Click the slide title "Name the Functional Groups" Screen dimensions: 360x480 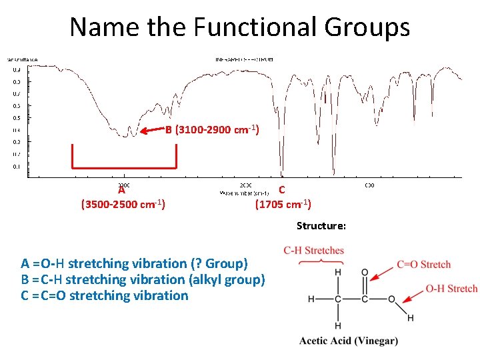tap(239, 27)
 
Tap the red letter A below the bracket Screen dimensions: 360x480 tap(121, 190)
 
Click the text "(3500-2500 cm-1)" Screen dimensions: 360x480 tap(123, 204)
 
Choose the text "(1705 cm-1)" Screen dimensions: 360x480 tap(283, 204)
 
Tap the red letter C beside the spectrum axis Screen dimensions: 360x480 tap(282, 190)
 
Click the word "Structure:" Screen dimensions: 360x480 tap(321, 226)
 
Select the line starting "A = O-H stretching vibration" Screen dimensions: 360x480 tap(134, 263)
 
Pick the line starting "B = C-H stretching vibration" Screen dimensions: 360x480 tap(143, 279)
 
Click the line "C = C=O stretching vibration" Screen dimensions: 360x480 tap(105, 295)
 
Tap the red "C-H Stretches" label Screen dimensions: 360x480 tap(313, 251)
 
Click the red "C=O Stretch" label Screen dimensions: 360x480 tap(423, 265)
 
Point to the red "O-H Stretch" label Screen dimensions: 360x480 tap(451, 289)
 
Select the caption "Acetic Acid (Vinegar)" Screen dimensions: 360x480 tap(349, 341)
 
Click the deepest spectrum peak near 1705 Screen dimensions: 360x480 tap(333, 170)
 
